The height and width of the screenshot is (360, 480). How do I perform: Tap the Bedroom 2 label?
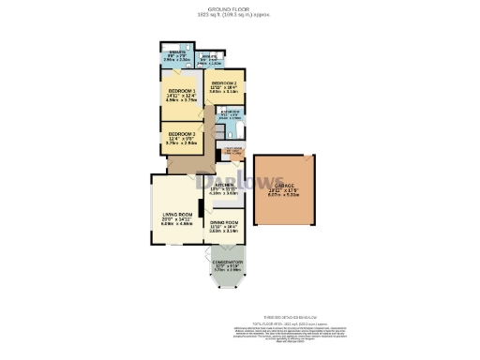pos(223,82)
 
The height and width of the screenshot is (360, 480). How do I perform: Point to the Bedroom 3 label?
pos(180,135)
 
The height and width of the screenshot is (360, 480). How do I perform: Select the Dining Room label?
pos(224,222)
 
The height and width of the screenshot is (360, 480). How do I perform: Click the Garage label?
pos(284,187)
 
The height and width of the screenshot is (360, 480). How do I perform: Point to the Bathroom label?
pos(228,112)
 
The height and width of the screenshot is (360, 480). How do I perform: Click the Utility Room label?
pos(233,148)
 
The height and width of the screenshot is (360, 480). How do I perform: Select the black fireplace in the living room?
pos(200,208)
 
